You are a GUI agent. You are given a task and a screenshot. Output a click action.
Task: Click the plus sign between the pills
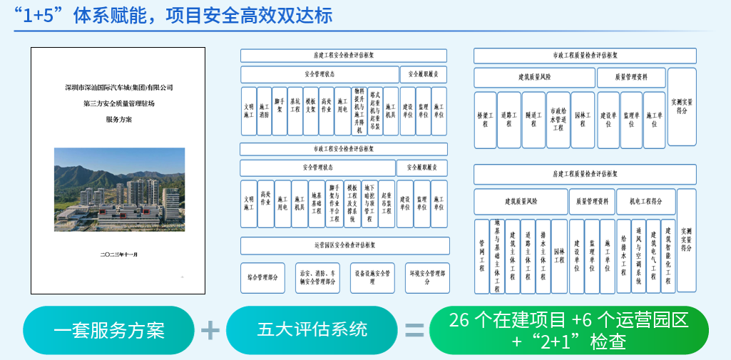point(210,330)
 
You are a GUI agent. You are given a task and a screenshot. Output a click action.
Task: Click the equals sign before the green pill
point(414,330)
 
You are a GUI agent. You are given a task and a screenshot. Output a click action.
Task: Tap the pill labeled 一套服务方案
point(109,330)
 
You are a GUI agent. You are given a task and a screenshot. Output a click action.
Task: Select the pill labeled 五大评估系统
point(312,330)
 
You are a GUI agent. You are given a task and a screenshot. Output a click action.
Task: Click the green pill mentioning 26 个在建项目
point(568,330)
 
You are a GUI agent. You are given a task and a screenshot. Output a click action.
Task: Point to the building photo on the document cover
point(119,189)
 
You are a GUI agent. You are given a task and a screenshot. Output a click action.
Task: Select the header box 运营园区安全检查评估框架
point(344,245)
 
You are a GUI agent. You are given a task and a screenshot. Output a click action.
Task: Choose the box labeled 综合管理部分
point(262,277)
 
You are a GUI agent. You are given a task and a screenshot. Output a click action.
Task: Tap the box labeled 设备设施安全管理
point(372,277)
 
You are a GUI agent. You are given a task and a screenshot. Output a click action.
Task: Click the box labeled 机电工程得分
point(645,202)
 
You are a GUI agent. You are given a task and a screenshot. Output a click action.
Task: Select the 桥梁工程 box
point(484,119)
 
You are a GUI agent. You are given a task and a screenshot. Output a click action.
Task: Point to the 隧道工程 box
point(533,119)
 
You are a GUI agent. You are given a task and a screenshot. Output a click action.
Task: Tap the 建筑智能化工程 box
point(668,256)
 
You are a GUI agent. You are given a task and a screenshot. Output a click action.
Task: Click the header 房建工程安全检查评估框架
point(344,56)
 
